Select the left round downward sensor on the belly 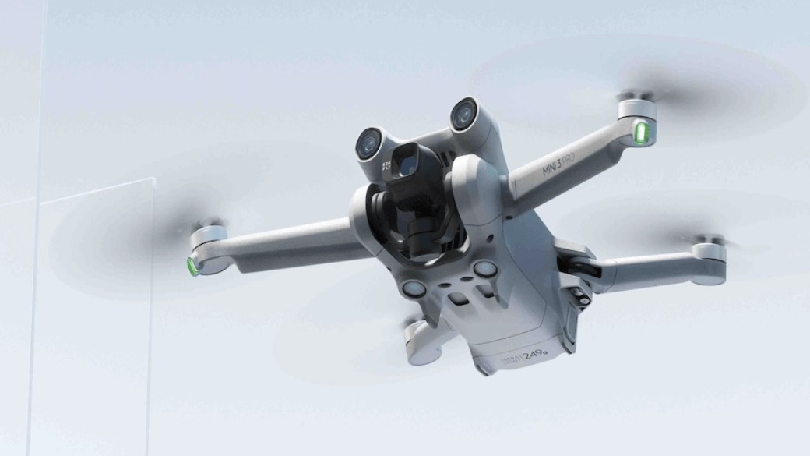click(x=414, y=289)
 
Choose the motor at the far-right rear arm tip click(x=708, y=252)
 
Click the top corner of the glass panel click(x=153, y=179)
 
